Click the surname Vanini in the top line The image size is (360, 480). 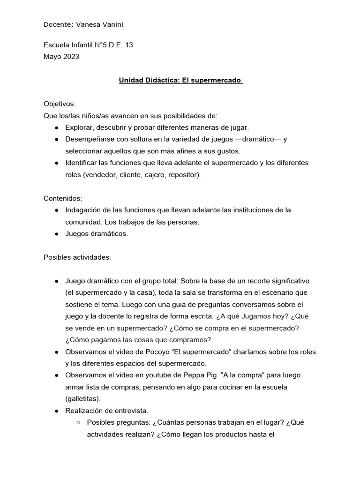tap(114, 24)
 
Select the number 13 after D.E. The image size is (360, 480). tap(129, 45)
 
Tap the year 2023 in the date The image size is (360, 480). tap(70, 57)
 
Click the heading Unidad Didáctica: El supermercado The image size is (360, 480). tap(180, 81)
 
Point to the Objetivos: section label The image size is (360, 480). tap(60, 104)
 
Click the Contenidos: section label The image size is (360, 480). tap(63, 198)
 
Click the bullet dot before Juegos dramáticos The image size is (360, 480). tap(56, 234)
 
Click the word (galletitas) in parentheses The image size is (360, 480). tap(82, 399)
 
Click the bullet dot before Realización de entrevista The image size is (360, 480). tap(56, 411)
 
